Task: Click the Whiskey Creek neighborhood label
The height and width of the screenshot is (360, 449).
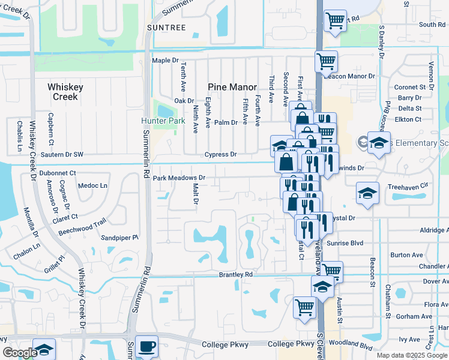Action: [65, 92]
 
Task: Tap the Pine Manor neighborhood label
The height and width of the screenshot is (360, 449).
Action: [232, 87]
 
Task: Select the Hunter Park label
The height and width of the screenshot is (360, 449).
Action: [163, 120]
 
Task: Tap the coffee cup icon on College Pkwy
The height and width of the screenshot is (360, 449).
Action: [146, 347]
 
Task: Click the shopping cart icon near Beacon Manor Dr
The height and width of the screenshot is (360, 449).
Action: [326, 61]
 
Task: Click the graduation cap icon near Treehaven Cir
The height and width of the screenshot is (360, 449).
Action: [367, 193]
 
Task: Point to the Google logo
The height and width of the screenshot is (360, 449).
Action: [19, 353]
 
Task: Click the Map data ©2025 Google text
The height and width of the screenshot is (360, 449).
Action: [412, 355]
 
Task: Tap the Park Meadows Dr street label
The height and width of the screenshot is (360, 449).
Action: [179, 178]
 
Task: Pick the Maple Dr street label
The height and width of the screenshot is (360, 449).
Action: [166, 61]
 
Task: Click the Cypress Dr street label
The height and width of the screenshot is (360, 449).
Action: [220, 154]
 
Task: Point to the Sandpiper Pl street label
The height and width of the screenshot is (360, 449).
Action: [119, 238]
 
